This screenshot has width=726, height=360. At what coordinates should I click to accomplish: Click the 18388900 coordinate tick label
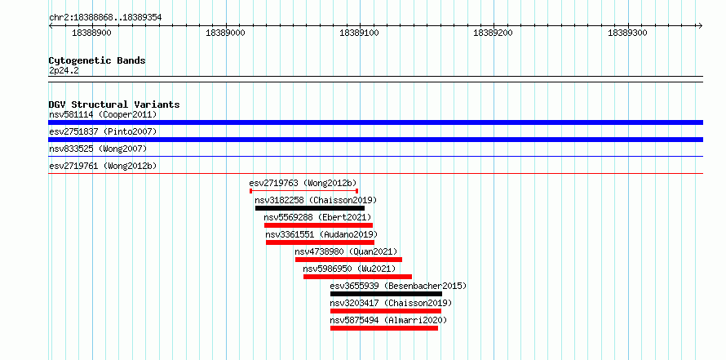click(x=91, y=33)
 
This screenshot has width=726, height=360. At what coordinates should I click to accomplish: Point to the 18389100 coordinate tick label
click(x=359, y=33)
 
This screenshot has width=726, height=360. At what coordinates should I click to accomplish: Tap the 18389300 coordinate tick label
click(x=627, y=33)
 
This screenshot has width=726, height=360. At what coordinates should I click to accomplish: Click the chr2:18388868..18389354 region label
click(x=105, y=18)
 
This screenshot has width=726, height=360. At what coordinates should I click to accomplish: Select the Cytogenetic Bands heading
click(x=97, y=60)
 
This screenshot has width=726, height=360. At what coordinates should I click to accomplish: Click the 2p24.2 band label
click(x=64, y=71)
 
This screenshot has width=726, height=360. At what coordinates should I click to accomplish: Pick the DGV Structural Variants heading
click(x=114, y=104)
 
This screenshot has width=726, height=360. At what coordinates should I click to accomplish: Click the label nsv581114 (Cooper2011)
click(x=103, y=114)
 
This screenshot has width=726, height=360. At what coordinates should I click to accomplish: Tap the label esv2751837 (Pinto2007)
click(x=103, y=131)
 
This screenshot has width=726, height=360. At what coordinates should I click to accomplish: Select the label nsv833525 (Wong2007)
click(x=98, y=149)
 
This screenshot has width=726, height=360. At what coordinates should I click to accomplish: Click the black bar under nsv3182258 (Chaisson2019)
click(x=310, y=208)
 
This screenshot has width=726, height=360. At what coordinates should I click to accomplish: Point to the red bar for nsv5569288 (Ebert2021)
click(x=319, y=225)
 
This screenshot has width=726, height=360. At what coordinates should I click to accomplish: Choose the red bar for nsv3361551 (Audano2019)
click(x=320, y=242)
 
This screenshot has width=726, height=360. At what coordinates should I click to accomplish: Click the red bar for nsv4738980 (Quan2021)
click(x=348, y=260)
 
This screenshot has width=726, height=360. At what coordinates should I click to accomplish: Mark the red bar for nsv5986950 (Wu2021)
click(x=357, y=277)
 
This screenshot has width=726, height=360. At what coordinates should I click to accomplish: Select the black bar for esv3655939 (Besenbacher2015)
click(x=386, y=294)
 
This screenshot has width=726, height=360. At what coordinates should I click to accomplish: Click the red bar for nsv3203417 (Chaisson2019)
click(x=386, y=311)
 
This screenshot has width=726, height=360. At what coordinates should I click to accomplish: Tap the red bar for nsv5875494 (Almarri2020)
click(x=384, y=328)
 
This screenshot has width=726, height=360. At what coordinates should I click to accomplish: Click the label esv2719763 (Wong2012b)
click(x=303, y=183)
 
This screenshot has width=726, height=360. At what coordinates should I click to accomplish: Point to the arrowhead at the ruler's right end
click(x=701, y=25)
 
